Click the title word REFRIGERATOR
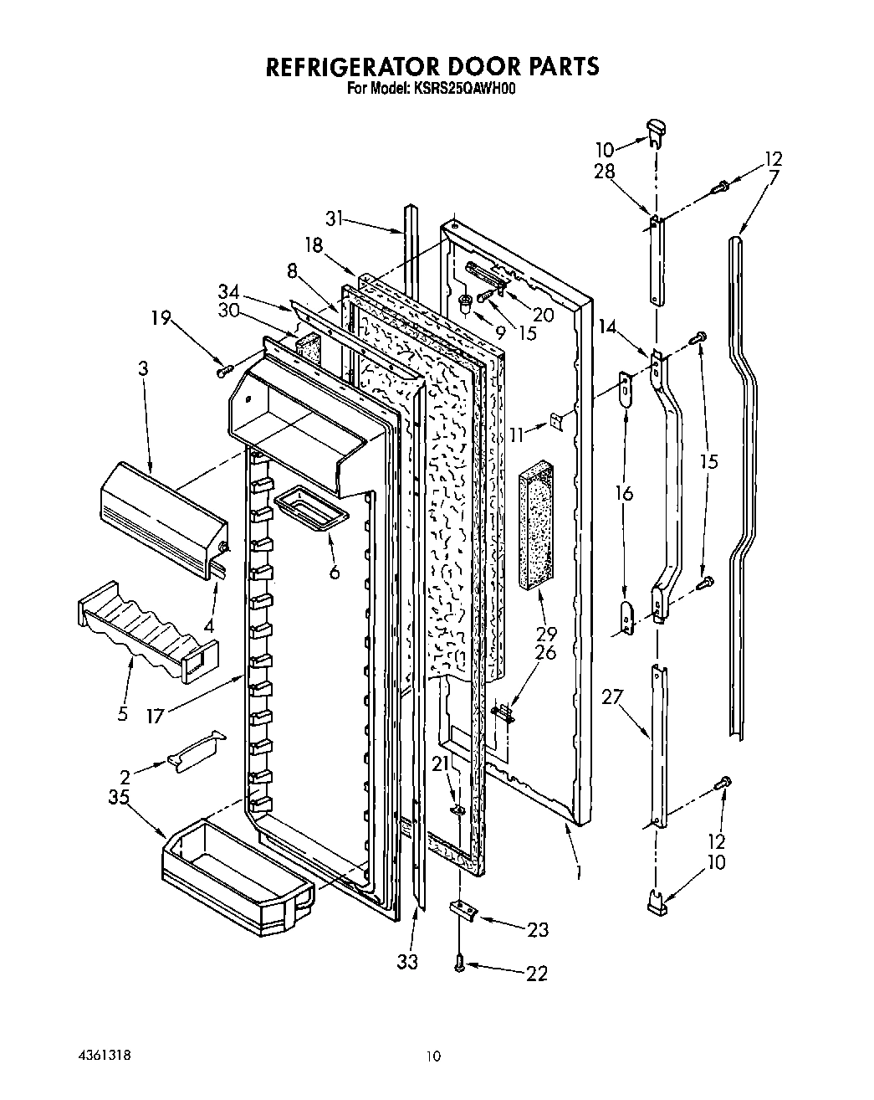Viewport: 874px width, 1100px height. [x=355, y=67]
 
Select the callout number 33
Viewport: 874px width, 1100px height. [x=409, y=962]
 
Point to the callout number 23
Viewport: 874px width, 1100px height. [x=539, y=929]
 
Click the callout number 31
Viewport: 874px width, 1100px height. [x=335, y=219]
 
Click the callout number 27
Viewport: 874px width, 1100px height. [x=612, y=697]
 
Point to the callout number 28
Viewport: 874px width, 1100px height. [x=605, y=171]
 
